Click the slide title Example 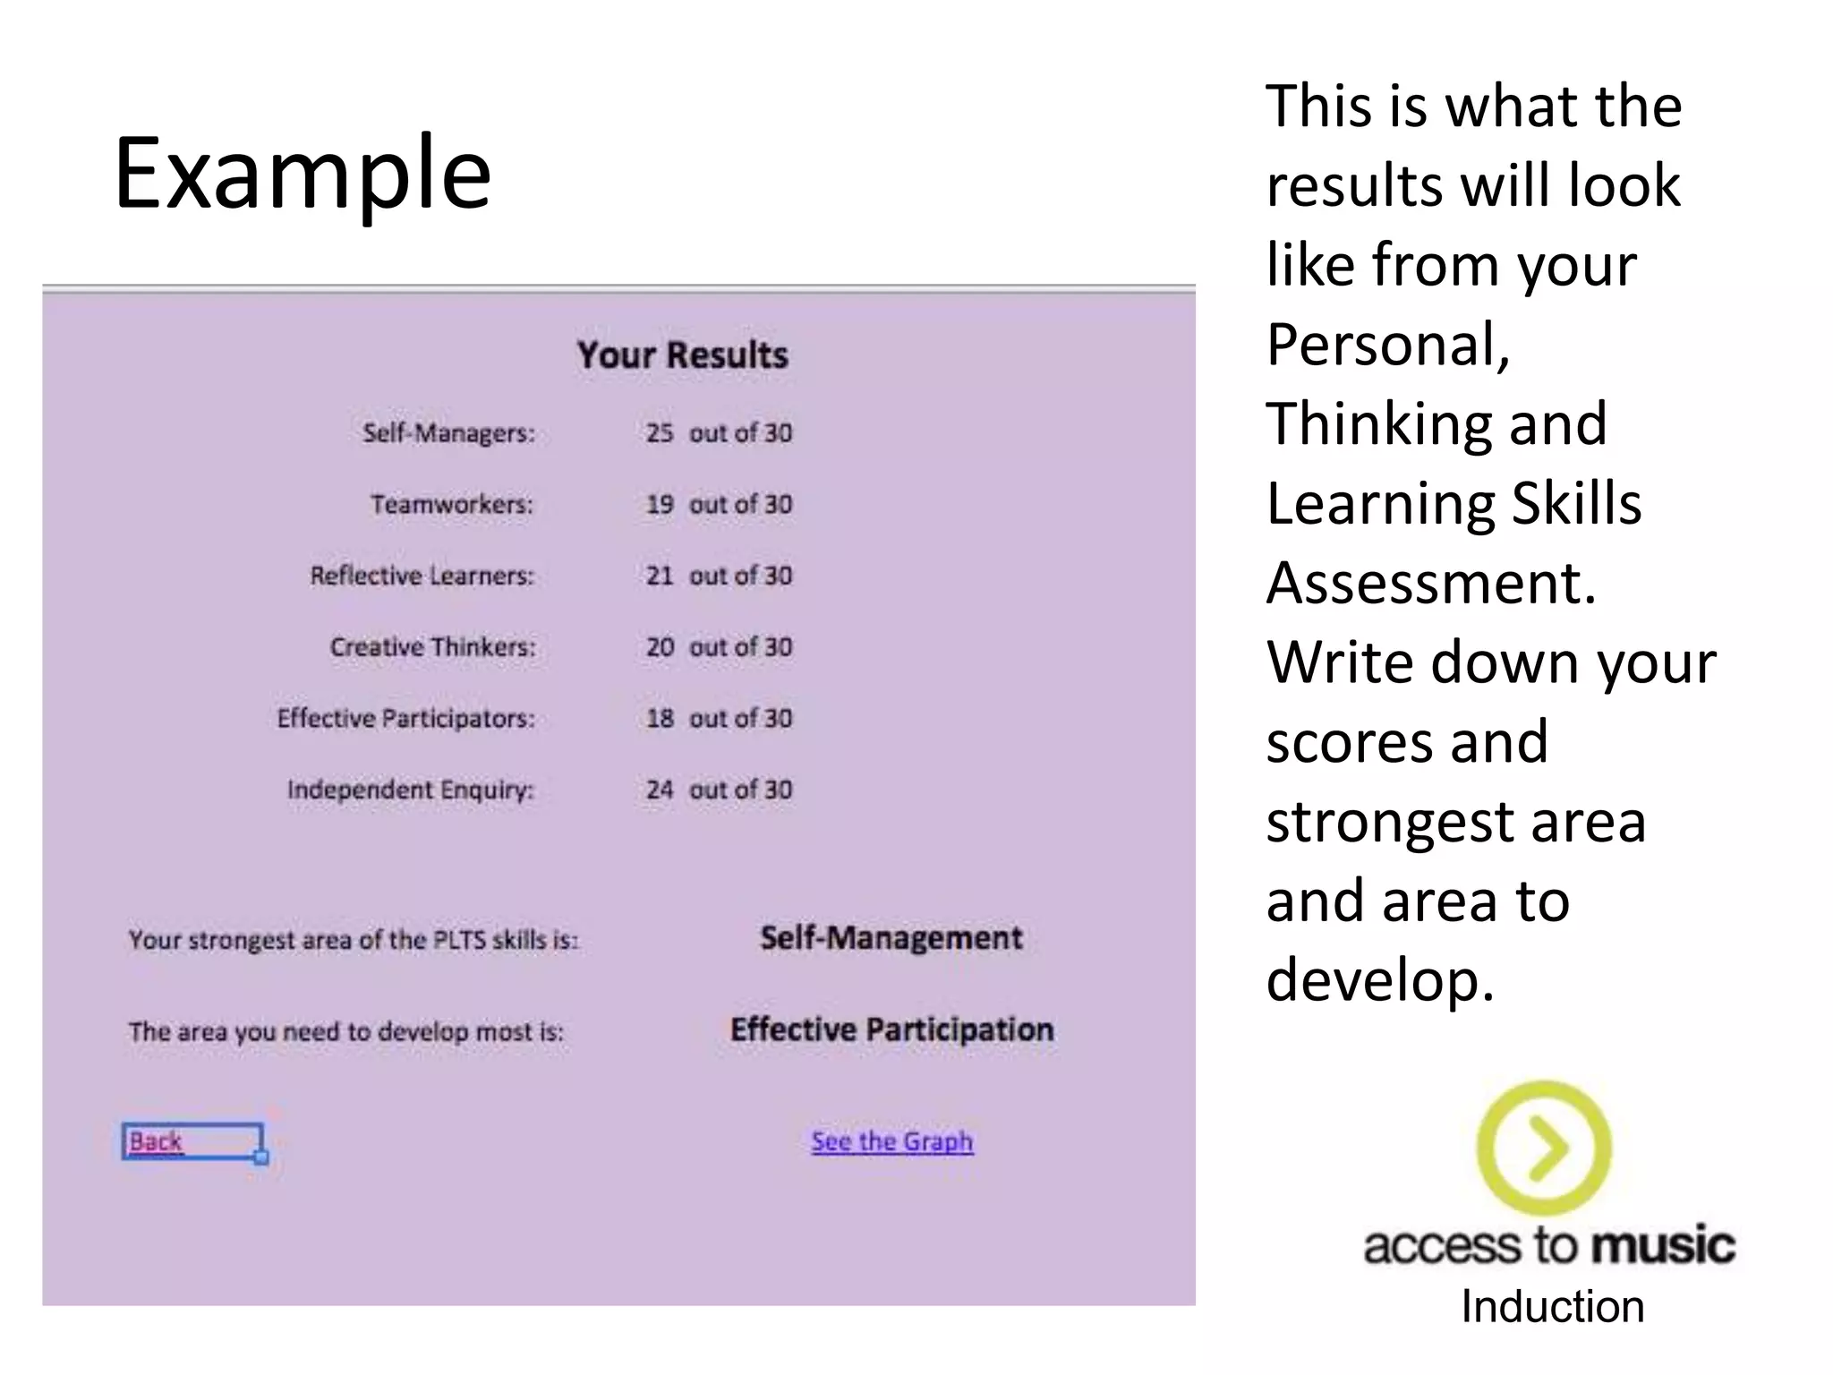tap(303, 174)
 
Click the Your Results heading tap(682, 355)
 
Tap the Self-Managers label tap(448, 433)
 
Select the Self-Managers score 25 tap(660, 433)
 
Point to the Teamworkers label tap(452, 505)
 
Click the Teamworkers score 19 tap(660, 505)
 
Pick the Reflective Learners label tap(422, 576)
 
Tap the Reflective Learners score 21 tap(660, 576)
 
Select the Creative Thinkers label tap(432, 647)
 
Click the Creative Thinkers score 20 tap(660, 647)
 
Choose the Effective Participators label tap(405, 719)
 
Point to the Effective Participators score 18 tap(660, 719)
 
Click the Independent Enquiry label tap(410, 790)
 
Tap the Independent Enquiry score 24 tap(660, 790)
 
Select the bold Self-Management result tap(891, 938)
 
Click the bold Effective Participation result tap(891, 1029)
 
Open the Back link tap(156, 1141)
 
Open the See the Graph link tap(891, 1141)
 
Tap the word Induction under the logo tap(1553, 1307)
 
